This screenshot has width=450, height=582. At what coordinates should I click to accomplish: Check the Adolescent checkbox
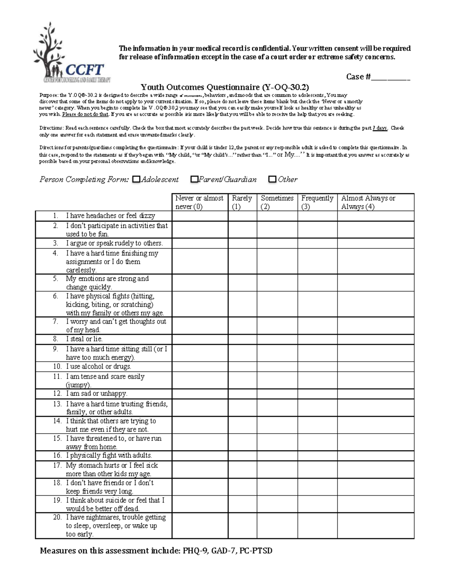[136, 180]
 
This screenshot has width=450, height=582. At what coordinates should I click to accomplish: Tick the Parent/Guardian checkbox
[194, 180]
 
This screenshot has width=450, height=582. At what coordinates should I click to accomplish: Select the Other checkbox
[272, 180]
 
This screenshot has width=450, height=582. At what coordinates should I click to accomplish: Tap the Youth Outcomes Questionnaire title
[225, 87]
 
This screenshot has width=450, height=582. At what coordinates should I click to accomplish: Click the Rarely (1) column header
[242, 202]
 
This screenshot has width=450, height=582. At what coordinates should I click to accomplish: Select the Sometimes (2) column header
[277, 202]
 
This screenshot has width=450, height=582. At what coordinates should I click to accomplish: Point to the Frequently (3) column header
[317, 202]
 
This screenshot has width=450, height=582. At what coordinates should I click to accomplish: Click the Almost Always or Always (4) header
[375, 202]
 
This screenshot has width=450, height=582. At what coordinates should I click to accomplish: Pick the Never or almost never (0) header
[199, 202]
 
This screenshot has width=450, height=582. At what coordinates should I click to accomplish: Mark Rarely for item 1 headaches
[242, 216]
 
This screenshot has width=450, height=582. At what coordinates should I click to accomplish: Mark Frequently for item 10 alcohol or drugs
[317, 367]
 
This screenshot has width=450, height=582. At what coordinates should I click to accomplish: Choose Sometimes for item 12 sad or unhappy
[277, 393]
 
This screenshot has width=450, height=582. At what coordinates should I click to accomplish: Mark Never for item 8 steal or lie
[200, 339]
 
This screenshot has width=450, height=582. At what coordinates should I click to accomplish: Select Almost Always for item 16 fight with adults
[375, 456]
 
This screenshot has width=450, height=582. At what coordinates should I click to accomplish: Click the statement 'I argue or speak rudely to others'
[114, 243]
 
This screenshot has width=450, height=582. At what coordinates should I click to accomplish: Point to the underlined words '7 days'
[380, 128]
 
